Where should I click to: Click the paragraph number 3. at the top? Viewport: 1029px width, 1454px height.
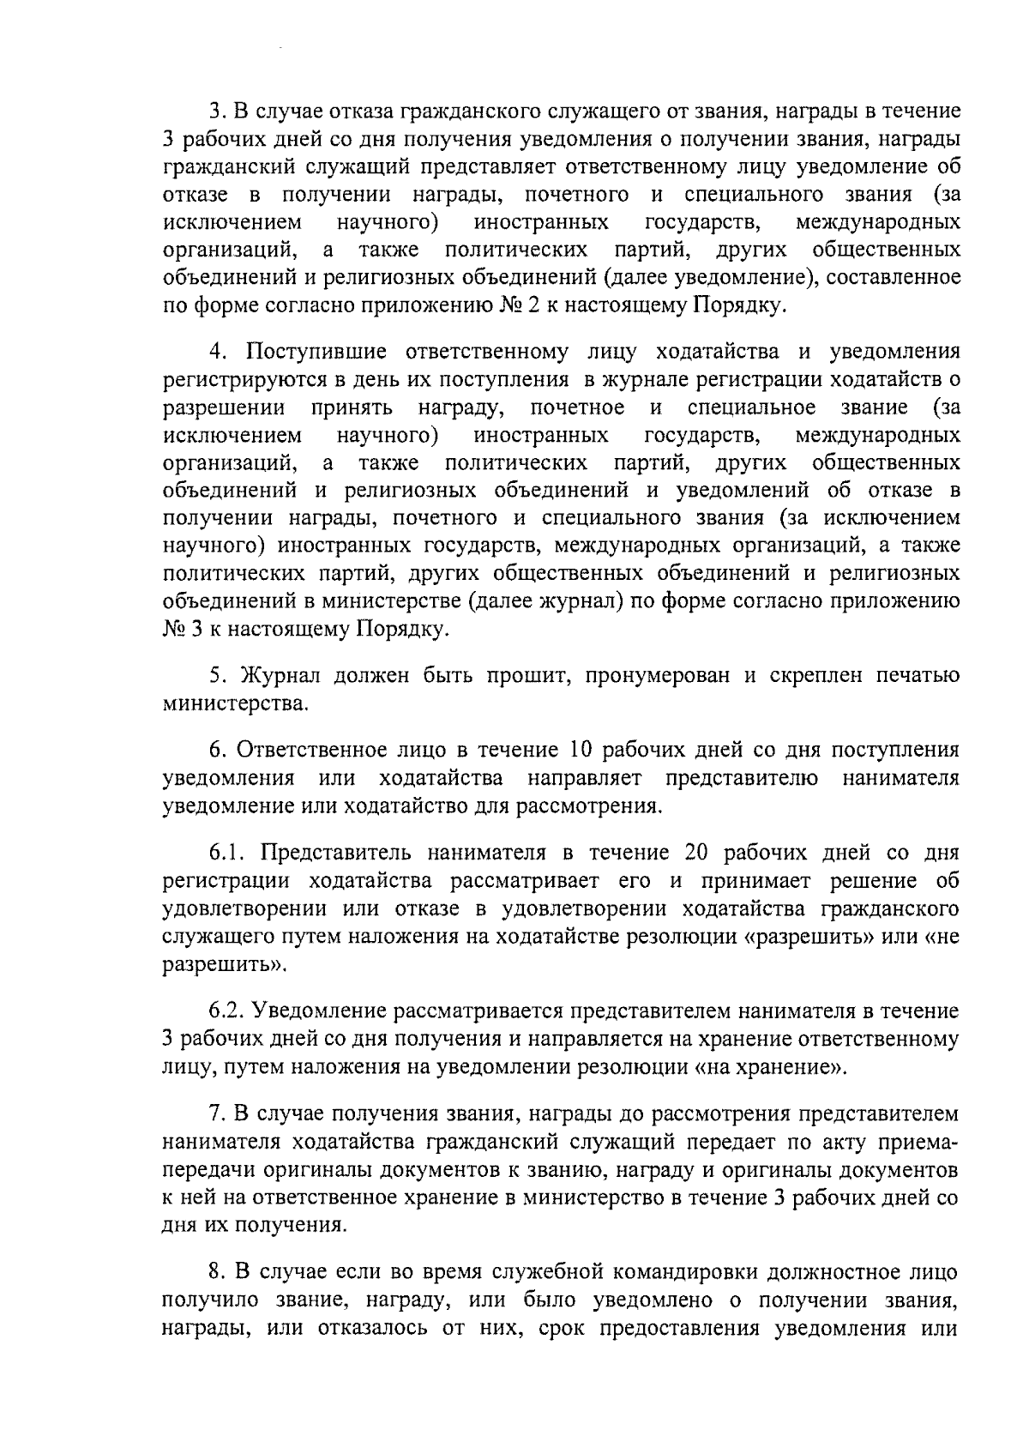217,112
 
